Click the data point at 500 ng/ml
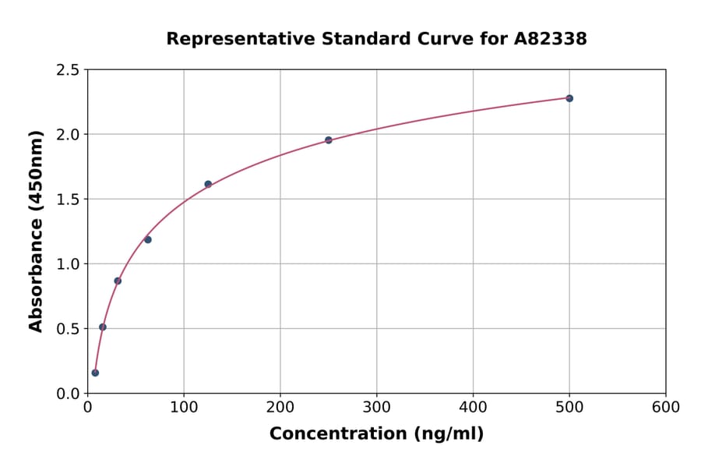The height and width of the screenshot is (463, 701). (x=569, y=98)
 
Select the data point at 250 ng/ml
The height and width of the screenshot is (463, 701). (x=329, y=140)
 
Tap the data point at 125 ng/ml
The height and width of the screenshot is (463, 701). (x=208, y=184)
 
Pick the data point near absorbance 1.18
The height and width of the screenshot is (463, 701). (x=148, y=239)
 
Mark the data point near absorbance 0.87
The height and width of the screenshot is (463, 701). (x=118, y=281)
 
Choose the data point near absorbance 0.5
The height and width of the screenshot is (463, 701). (x=103, y=327)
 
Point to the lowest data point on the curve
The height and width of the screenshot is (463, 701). (x=95, y=373)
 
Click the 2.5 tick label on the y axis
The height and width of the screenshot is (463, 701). (x=67, y=70)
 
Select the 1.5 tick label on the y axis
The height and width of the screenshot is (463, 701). (x=67, y=200)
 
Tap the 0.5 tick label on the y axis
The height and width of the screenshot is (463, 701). (x=67, y=329)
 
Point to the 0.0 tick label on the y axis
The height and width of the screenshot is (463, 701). (x=67, y=394)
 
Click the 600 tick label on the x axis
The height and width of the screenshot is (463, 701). (x=665, y=408)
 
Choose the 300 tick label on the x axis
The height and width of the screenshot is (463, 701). (x=376, y=408)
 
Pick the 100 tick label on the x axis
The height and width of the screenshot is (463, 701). (x=184, y=408)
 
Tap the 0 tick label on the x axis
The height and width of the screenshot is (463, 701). (x=87, y=408)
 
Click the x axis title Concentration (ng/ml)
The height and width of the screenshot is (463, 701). (x=376, y=434)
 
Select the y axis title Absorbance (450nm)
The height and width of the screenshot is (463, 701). (x=36, y=231)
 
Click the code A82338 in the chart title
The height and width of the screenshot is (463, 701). (x=551, y=39)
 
